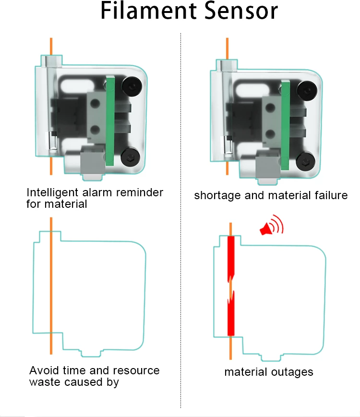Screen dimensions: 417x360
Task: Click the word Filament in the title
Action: (x=144, y=12)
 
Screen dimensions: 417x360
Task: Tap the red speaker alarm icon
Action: (x=271, y=226)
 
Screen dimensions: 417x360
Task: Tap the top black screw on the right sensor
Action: (x=305, y=89)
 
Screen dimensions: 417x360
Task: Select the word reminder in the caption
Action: (x=140, y=193)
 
